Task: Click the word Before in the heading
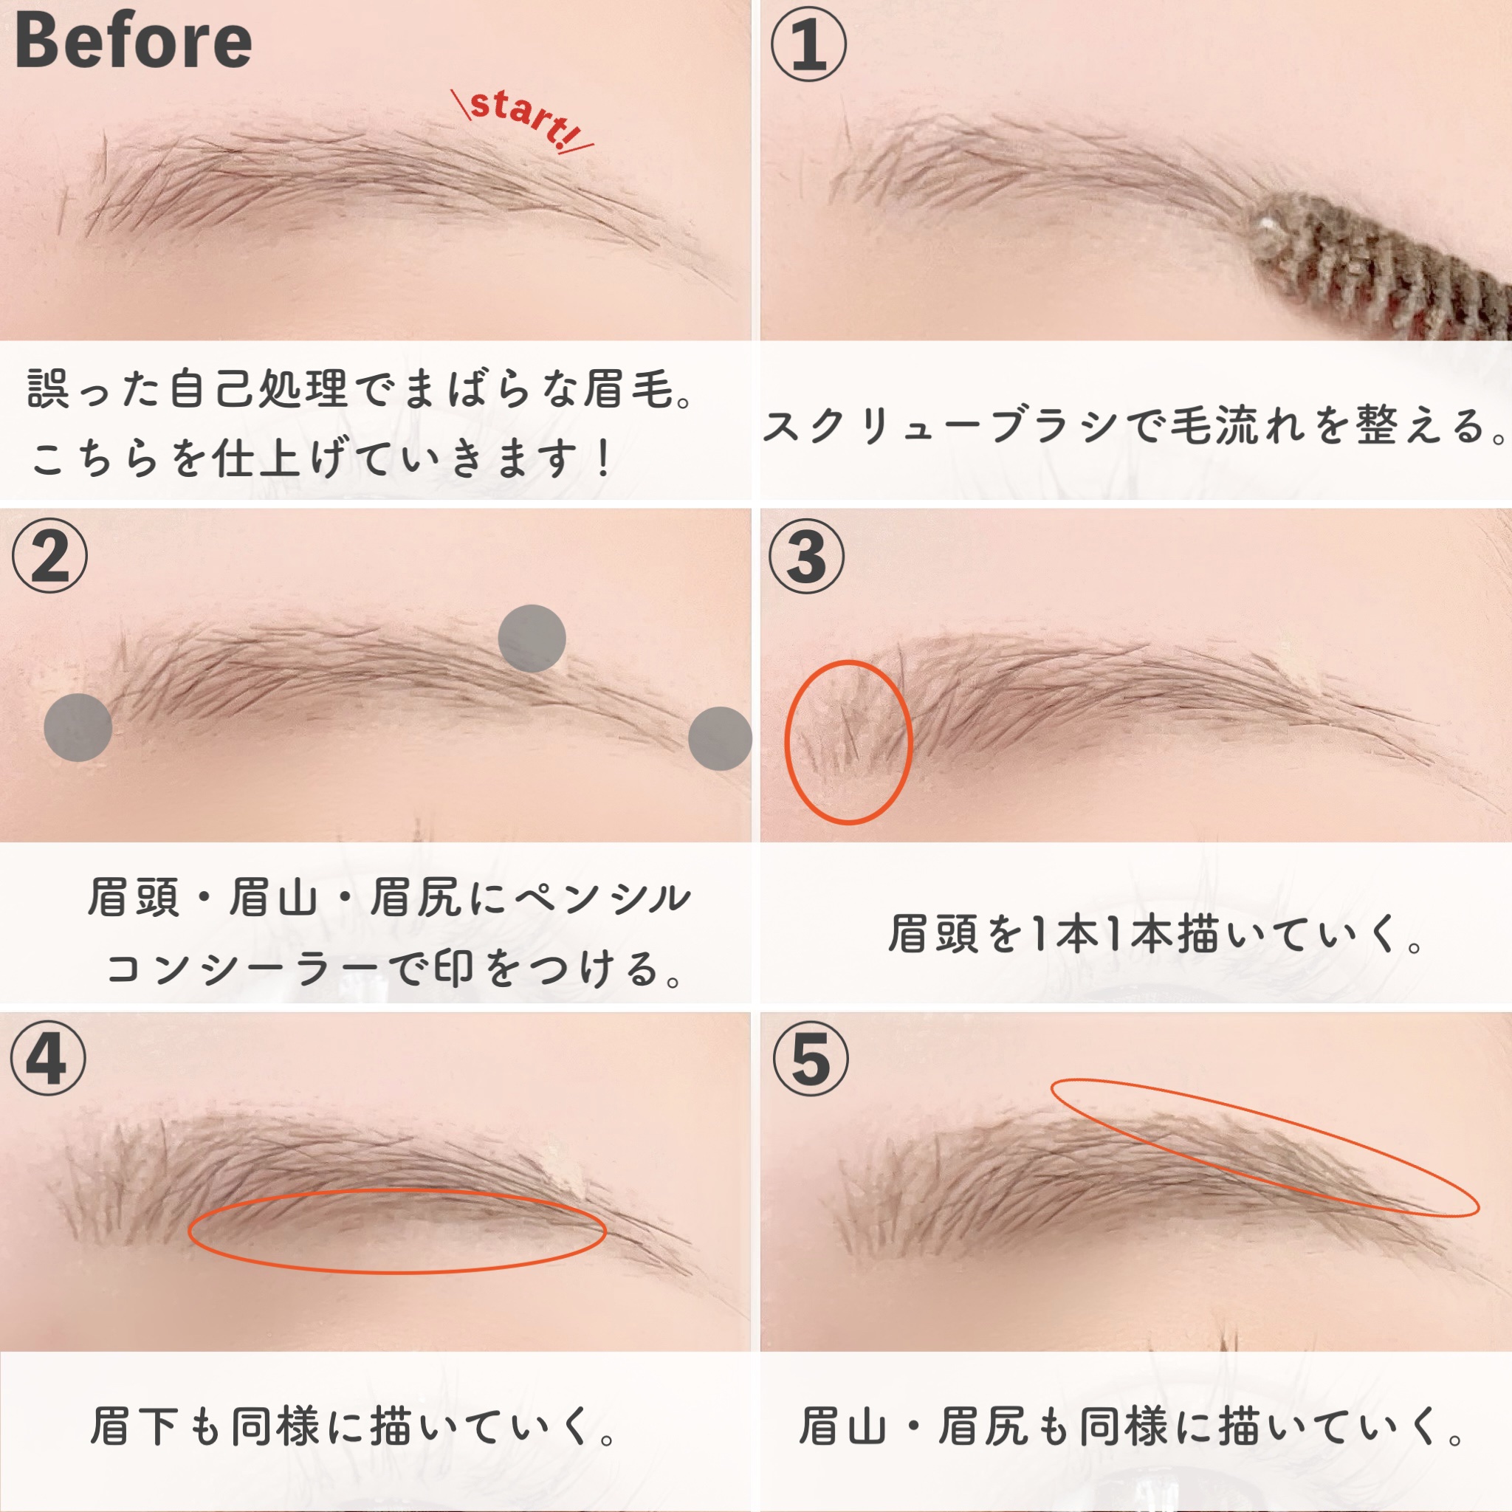(x=133, y=41)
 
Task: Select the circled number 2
(x=50, y=557)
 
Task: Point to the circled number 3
(x=807, y=557)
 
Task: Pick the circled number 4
(x=49, y=1059)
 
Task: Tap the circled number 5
(x=811, y=1059)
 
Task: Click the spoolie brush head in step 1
(x=1378, y=266)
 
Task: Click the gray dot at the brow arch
(x=532, y=638)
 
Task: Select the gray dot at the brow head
(x=78, y=727)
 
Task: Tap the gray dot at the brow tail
(x=720, y=738)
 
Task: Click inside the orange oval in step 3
(x=848, y=742)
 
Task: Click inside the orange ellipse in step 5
(x=1264, y=1147)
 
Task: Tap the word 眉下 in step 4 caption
(x=134, y=1426)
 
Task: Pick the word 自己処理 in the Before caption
(x=259, y=388)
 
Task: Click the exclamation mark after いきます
(x=602, y=458)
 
